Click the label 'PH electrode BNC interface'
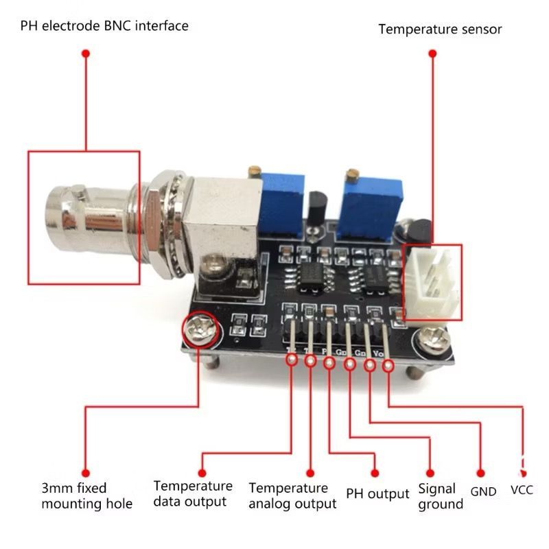tap(104, 26)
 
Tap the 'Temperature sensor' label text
tap(440, 30)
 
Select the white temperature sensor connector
tap(432, 282)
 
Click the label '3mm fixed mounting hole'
tap(86, 495)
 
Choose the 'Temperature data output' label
tap(193, 493)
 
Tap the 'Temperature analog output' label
tap(292, 495)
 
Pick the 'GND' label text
tap(483, 491)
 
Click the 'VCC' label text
tap(522, 490)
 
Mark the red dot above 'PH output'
tap(375, 472)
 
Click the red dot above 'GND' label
tap(480, 473)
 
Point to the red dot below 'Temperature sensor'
tap(432, 54)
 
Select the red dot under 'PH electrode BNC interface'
tap(86, 54)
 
